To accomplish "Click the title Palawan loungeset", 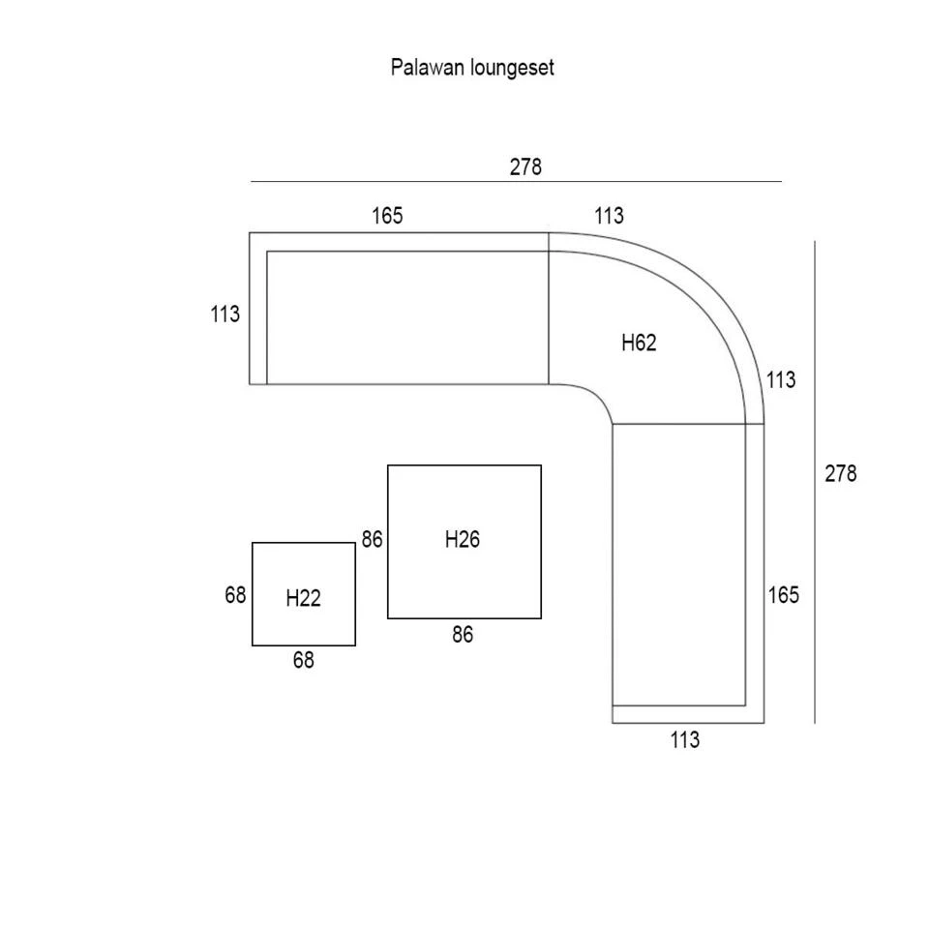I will click(472, 68).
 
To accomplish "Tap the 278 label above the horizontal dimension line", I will click(525, 166).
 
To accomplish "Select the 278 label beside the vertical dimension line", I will click(840, 474).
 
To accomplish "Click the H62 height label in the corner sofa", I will click(639, 343).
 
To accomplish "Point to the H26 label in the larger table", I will click(462, 540).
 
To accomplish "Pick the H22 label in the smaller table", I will click(303, 599).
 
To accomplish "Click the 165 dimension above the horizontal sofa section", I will click(387, 216).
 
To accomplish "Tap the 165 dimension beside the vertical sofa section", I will click(784, 595).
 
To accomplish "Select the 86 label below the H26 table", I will click(463, 636).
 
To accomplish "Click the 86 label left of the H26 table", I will click(373, 540).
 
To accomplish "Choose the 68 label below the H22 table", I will click(303, 661).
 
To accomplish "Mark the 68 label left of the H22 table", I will click(236, 595).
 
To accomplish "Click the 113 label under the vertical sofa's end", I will click(684, 740).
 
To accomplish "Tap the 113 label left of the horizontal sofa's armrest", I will click(225, 315).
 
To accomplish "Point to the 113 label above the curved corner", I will click(609, 216).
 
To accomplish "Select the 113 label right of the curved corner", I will click(781, 380).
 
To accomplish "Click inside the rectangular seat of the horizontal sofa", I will click(406, 317).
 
